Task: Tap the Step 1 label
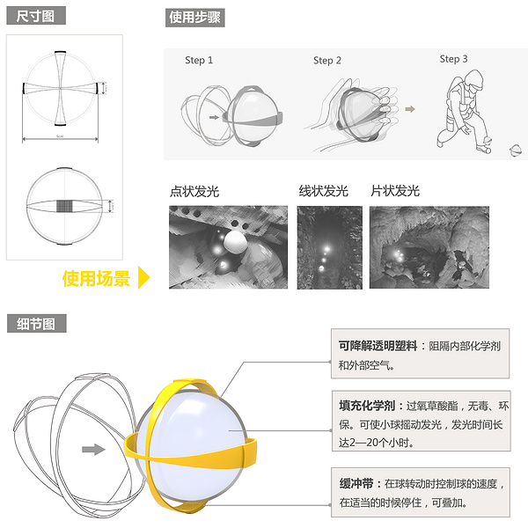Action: [x=199, y=61]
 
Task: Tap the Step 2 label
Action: [x=327, y=61]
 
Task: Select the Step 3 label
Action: [x=453, y=59]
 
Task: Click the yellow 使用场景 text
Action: [x=96, y=279]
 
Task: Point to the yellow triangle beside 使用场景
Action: [x=145, y=279]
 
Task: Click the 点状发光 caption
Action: [x=196, y=191]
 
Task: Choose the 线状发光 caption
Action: [x=323, y=191]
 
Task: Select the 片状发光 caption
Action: [x=394, y=191]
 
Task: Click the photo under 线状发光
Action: [x=329, y=247]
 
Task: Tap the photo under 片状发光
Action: [x=429, y=247]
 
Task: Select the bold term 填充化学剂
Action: [x=368, y=406]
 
